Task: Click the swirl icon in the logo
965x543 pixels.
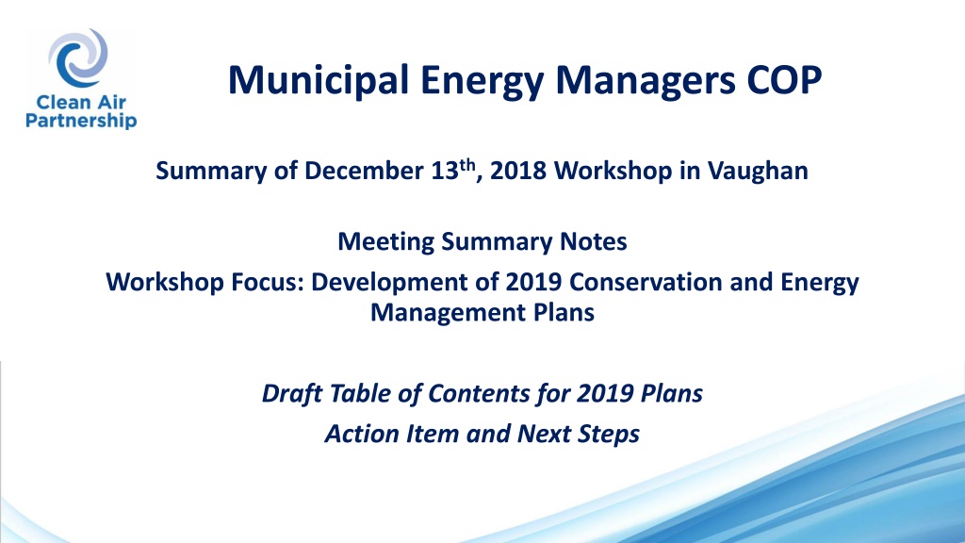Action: (x=78, y=58)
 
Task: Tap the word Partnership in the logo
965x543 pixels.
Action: (x=81, y=120)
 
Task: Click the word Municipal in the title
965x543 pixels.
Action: (x=319, y=81)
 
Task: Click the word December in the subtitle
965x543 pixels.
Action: (x=364, y=171)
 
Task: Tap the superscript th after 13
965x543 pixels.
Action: (x=467, y=165)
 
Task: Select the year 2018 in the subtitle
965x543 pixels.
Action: (x=518, y=171)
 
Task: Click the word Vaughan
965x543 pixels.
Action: (x=758, y=172)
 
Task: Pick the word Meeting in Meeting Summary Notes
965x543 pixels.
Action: (x=385, y=242)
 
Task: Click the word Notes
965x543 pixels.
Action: (x=594, y=241)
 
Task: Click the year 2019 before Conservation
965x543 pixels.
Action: (x=533, y=282)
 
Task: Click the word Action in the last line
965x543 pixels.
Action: (x=362, y=434)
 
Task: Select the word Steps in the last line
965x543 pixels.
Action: (x=607, y=435)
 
